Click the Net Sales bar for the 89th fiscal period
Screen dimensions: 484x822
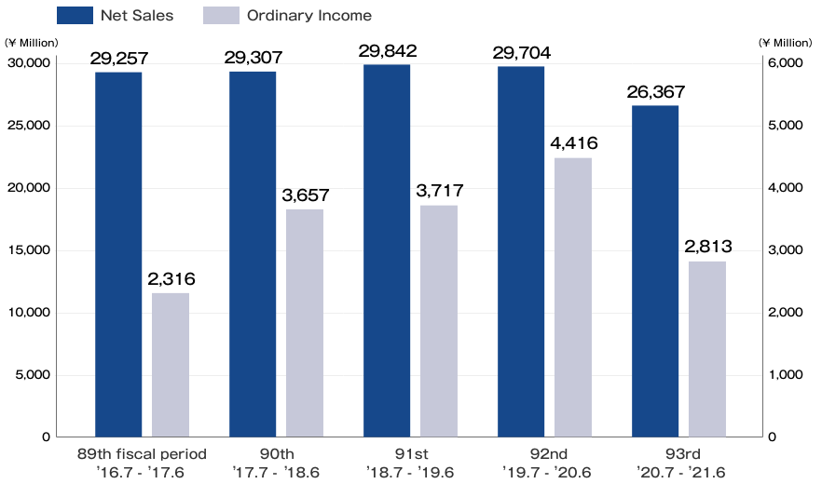pos(118,254)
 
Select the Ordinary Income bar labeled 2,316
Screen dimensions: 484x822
pos(171,365)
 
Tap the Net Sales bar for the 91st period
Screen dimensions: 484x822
pos(387,250)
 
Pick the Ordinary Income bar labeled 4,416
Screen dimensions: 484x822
pos(573,297)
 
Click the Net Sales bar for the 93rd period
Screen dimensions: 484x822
pos(655,271)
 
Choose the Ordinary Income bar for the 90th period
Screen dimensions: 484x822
pos(305,323)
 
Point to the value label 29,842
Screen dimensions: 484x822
pos(387,51)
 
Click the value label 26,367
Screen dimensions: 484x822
pos(655,92)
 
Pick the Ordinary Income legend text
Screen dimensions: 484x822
pos(308,15)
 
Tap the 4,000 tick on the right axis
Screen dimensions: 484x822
pos(785,188)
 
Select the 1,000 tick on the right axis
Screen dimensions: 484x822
pos(785,375)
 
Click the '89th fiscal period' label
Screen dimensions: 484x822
pos(142,453)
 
